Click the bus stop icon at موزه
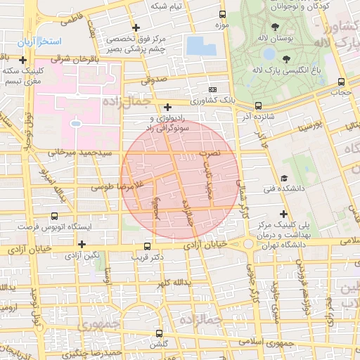pos(223,14)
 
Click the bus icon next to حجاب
pos(341,82)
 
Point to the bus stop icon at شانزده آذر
pos(258,106)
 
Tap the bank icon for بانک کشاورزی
pos(213,91)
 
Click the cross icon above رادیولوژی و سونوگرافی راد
pos(167,108)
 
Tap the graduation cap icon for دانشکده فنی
pos(284,179)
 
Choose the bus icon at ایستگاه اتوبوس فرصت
pos(55,217)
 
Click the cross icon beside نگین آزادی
pos(83,244)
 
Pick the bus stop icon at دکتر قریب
pos(147,246)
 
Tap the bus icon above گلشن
pos(159,333)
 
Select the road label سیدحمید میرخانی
pos(71,151)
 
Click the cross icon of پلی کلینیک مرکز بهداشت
pos(284,214)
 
